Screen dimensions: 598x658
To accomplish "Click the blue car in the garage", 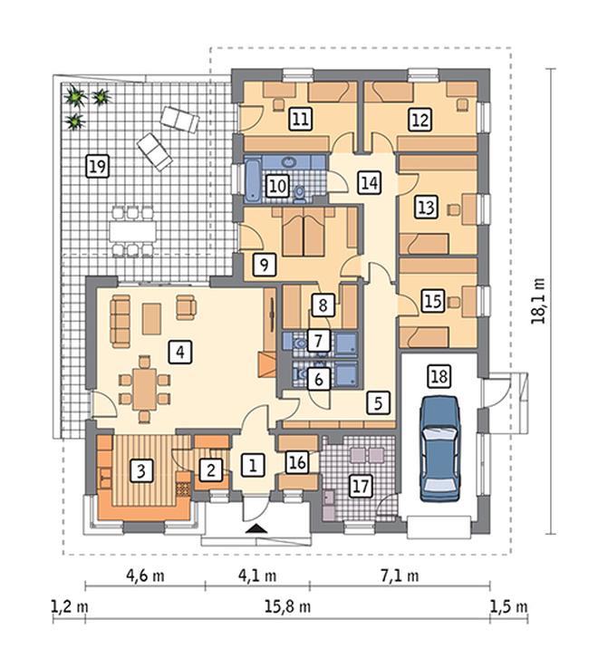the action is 440,449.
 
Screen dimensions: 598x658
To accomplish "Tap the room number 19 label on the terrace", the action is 97,166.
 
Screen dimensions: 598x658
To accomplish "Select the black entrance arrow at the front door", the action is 256,528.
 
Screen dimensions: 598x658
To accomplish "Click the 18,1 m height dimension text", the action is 538,301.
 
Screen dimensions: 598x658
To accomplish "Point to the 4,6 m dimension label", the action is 145,576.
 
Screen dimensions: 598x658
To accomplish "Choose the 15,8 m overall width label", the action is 287,606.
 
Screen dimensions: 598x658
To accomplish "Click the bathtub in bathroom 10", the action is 252,180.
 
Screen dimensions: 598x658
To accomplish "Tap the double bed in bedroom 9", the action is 304,232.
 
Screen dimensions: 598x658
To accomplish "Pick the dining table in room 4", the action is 145,390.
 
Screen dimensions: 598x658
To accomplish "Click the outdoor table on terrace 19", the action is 132,231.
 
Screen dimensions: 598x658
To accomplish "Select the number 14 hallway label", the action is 370,182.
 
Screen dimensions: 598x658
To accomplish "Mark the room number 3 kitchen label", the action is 141,470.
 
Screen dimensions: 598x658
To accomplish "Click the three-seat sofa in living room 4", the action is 121,321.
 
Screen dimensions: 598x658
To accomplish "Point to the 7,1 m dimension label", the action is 400,576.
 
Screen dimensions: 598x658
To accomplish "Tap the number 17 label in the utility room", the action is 361,487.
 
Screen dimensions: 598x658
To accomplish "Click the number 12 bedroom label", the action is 420,120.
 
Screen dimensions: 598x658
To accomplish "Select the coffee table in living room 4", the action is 151,318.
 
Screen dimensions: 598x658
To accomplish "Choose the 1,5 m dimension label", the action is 509,606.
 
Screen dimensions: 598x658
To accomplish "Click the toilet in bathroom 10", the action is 300,193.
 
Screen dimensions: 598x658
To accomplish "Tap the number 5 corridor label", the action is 378,403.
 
